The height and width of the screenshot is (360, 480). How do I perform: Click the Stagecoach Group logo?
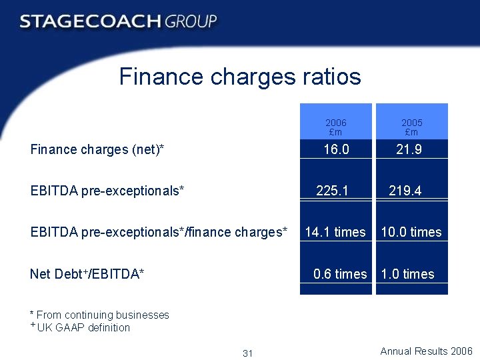[x=119, y=21]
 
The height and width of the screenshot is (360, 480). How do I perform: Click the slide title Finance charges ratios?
[x=240, y=77]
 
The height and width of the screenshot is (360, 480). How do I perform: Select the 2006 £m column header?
[x=336, y=127]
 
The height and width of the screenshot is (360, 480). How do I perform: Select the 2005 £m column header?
[x=412, y=127]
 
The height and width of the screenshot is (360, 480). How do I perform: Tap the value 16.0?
[x=336, y=149]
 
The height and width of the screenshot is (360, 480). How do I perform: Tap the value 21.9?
[x=409, y=149]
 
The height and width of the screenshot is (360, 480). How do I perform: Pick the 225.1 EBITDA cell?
[x=332, y=191]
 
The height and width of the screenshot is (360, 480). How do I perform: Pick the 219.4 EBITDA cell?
[x=405, y=191]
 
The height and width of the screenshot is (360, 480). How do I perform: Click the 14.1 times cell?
[x=335, y=232]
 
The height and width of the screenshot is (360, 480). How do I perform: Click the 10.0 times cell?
[x=411, y=232]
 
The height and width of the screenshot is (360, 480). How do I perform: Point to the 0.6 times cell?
[x=340, y=274]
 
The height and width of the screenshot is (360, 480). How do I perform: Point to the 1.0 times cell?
[x=407, y=274]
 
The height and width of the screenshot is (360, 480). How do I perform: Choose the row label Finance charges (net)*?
[x=97, y=149]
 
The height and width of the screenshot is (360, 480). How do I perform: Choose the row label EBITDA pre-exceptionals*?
[x=107, y=191]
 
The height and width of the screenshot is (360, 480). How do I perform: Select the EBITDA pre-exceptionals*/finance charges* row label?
[x=159, y=232]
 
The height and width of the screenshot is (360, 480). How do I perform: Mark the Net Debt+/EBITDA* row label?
[x=87, y=274]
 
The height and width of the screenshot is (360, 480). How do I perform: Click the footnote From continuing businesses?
[x=100, y=315]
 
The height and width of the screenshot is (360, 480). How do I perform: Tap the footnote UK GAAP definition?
[x=83, y=327]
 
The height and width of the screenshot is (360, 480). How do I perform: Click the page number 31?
[x=248, y=353]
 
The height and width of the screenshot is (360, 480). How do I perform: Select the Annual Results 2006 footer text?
[x=426, y=351]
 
